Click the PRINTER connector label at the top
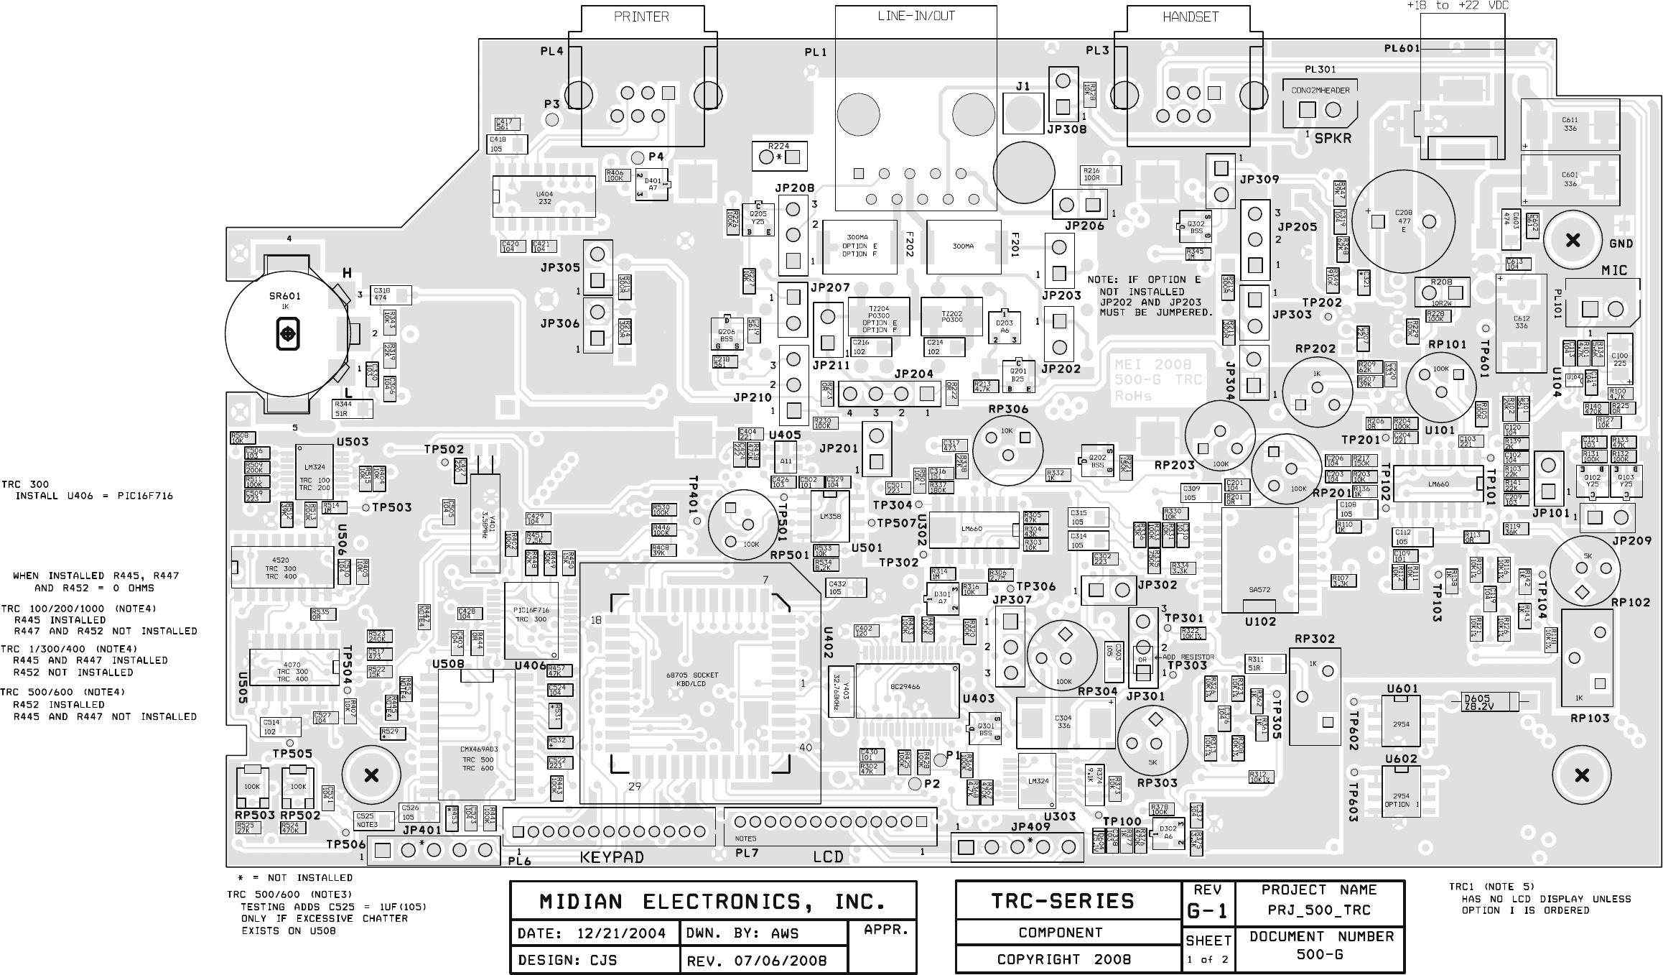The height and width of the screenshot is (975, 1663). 641,17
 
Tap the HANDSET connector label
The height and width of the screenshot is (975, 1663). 1191,17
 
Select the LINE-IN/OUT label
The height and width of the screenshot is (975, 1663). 916,16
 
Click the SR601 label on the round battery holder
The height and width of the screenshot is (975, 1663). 285,296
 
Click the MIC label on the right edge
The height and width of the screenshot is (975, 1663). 1614,270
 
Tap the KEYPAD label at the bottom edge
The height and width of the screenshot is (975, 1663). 612,857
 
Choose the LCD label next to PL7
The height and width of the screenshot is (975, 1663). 828,857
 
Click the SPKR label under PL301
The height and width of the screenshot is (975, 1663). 1333,138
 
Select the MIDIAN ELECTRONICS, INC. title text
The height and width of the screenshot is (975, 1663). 712,902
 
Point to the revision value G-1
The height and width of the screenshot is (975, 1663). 1207,911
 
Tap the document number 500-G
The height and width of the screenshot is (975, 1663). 1320,955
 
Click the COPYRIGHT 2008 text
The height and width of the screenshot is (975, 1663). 1063,959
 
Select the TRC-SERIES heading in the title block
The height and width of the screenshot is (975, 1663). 1063,902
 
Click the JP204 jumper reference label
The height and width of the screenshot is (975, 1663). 913,374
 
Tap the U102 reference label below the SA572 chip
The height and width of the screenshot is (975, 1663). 1260,622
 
